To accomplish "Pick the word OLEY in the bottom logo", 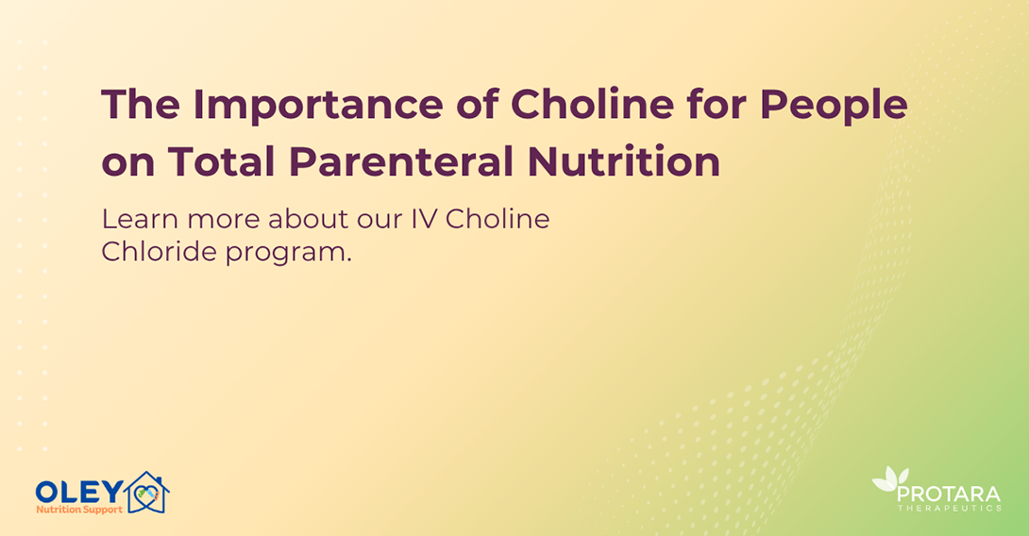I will pos(79,492).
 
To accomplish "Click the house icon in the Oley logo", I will pos(146,494).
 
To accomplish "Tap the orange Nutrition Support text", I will pos(79,510).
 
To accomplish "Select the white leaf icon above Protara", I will pos(888,480).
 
